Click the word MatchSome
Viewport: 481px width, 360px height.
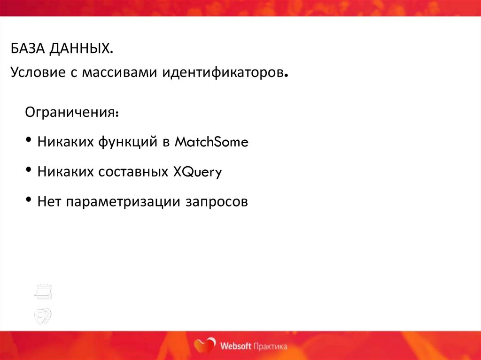(211, 142)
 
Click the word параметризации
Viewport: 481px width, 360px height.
(123, 202)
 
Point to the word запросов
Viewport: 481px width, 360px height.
(216, 202)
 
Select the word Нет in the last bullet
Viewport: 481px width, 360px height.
(49, 202)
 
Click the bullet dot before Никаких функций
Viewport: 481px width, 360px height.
(30, 141)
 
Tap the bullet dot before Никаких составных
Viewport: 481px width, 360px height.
(30, 171)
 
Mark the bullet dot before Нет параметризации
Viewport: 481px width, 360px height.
(30, 201)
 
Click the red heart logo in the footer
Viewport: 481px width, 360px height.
(205, 346)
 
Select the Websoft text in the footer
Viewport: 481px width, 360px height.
(235, 347)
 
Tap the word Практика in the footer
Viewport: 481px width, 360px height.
(270, 347)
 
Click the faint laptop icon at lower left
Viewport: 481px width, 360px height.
(43, 292)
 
